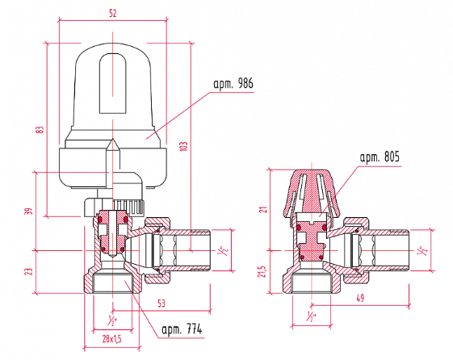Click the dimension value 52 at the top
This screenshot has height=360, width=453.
[113, 13]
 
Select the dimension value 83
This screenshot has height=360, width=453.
[40, 129]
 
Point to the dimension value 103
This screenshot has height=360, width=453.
[184, 146]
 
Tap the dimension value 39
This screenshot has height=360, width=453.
[30, 211]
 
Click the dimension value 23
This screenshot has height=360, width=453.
[29, 271]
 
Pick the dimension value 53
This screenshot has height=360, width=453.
[161, 303]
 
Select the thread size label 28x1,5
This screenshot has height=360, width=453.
[111, 339]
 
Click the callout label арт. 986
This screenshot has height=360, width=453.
[233, 84]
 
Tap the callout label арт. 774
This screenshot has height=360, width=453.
[182, 329]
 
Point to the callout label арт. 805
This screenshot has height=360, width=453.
[380, 157]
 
